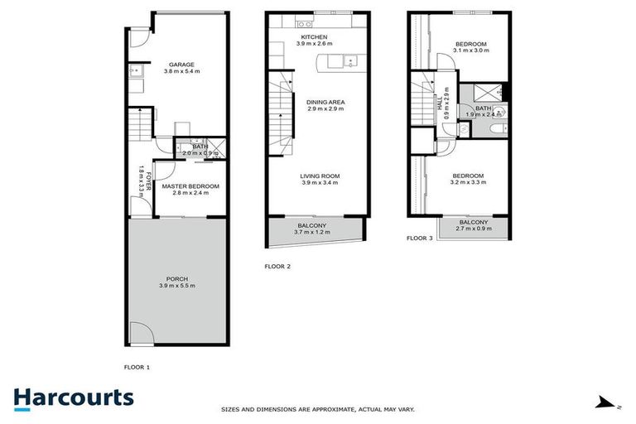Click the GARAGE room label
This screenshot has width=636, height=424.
coord(181,65)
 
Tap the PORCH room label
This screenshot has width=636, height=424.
coord(176,278)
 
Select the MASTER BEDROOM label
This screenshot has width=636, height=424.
coord(190,187)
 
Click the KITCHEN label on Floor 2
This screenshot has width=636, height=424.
coord(314,38)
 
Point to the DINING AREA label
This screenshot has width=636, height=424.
coord(325,103)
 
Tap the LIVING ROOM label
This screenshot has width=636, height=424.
coord(320,176)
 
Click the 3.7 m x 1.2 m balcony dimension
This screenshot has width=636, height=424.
coord(312,233)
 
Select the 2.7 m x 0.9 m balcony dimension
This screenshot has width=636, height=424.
coord(473,229)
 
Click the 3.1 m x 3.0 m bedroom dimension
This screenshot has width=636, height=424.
coord(472,51)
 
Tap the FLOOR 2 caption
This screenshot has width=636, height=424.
coord(276,267)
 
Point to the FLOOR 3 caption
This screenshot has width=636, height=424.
coord(420,238)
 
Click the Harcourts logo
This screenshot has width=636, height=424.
coord(74,398)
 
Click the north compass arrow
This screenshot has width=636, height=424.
coord(609,403)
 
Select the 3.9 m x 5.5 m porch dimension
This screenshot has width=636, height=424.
coord(176,286)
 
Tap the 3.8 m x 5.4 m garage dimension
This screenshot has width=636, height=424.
coord(181,72)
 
